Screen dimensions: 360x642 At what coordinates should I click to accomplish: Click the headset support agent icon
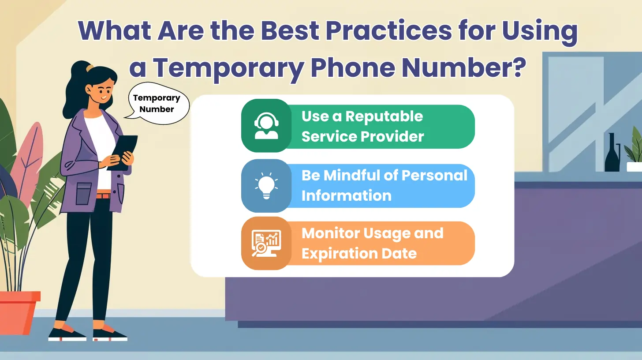pyautogui.click(x=266, y=126)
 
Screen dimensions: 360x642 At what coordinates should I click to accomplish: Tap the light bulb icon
pyautogui.click(x=266, y=186)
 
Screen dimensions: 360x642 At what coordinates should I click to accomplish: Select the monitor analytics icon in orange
pyautogui.click(x=266, y=243)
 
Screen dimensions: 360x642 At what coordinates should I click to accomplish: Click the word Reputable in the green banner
pyautogui.click(x=384, y=116)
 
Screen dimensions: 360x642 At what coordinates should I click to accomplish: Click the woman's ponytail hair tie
pyautogui.click(x=90, y=68)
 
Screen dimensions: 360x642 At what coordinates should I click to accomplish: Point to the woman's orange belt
pyautogui.click(x=103, y=195)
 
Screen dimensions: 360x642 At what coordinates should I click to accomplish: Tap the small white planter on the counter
pyautogui.click(x=634, y=166)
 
